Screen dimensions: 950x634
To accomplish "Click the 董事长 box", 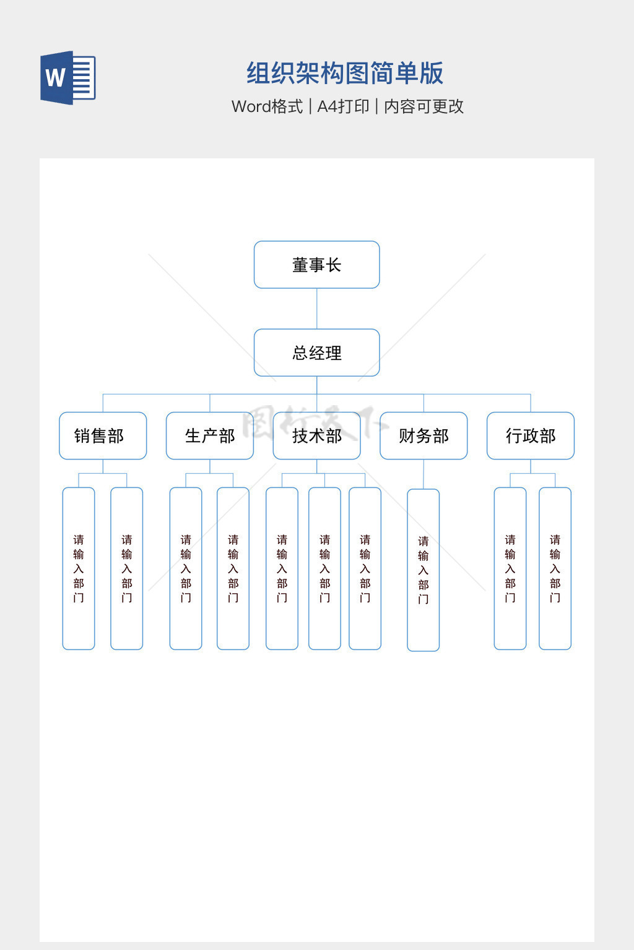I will [316, 265].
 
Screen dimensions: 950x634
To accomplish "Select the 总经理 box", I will [316, 353].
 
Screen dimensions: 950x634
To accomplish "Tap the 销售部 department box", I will [103, 436].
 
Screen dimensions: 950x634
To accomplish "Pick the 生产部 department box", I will [210, 436].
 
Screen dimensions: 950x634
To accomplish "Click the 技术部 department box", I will [316, 436].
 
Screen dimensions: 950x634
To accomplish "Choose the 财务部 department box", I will [423, 436].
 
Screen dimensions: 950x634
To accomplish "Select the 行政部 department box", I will [531, 436].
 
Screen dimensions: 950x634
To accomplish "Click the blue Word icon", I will [67, 78].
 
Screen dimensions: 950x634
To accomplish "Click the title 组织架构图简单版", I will [345, 73].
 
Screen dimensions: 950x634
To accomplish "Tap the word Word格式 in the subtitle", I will [267, 106].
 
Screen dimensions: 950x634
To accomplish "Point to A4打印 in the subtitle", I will [343, 106].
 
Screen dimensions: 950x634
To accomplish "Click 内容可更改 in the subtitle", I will [424, 106].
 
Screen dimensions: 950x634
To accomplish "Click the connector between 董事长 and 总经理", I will [317, 309].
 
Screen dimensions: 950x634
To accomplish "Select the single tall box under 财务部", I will [423, 570].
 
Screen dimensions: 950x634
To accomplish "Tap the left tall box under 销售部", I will [79, 568].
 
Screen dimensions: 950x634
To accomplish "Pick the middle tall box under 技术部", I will [324, 568].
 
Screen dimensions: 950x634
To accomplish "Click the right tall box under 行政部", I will [555, 568].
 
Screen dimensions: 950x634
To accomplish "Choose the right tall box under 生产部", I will [233, 568].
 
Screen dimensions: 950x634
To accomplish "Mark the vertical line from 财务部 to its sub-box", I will [423, 474].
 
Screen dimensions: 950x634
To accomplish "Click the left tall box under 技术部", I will [282, 568].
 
